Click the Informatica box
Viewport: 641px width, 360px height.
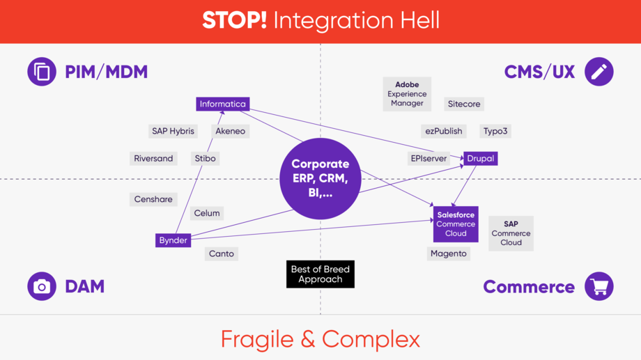(223, 104)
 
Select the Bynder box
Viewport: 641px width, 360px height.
(173, 240)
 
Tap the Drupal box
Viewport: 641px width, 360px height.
(481, 159)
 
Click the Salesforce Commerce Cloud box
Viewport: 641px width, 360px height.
(456, 224)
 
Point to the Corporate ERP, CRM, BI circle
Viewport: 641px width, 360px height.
(320, 179)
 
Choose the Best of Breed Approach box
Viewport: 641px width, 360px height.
(320, 274)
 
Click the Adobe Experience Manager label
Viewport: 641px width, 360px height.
(407, 94)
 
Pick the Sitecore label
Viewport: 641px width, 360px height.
(464, 104)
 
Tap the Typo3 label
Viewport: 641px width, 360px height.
(495, 131)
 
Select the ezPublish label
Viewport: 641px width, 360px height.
(444, 131)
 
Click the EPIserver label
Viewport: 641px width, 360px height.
(428, 159)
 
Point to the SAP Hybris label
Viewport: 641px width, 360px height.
(173, 131)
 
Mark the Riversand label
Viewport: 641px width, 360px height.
(153, 159)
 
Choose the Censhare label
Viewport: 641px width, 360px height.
(153, 199)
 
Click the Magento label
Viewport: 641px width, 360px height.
(449, 253)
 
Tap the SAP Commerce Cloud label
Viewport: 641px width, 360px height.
(511, 233)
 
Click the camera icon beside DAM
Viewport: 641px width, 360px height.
(42, 286)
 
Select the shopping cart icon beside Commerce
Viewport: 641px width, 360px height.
(599, 286)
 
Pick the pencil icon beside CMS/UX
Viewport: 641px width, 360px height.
(599, 72)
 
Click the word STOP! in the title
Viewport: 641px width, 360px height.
(234, 20)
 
